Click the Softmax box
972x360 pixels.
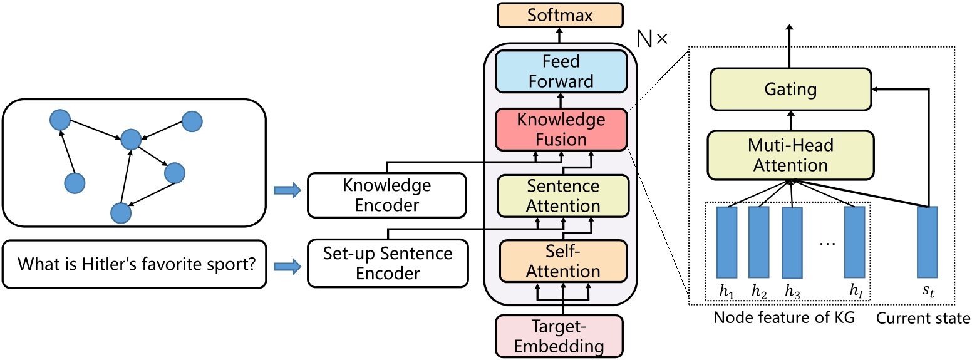click(561, 15)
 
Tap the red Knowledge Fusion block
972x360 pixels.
click(561, 130)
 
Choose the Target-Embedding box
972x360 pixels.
click(559, 336)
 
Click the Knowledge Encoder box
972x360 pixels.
click(387, 195)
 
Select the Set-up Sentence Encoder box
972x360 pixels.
click(387, 263)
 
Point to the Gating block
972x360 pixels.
click(790, 90)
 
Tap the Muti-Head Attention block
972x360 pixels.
click(790, 155)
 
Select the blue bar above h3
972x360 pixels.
click(792, 243)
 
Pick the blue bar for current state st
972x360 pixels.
click(927, 242)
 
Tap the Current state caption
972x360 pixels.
click(923, 318)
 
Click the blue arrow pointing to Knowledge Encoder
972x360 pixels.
click(286, 190)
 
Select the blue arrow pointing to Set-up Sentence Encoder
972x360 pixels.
click(286, 267)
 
